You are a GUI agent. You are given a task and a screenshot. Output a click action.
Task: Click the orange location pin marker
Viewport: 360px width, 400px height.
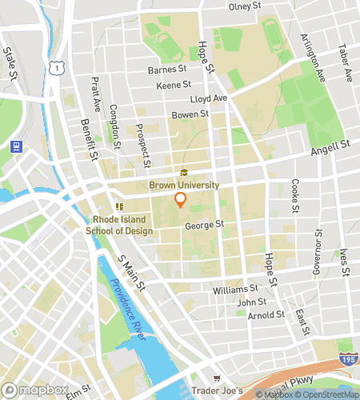click(x=181, y=200)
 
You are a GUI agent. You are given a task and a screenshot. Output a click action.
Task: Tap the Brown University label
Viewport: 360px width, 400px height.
click(x=184, y=185)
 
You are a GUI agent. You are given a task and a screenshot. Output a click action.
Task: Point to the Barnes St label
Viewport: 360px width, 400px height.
click(x=166, y=70)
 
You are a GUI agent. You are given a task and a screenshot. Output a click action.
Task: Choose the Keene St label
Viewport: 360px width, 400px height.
click(x=174, y=84)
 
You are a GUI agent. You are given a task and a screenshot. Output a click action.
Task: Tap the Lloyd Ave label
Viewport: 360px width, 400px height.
click(x=209, y=99)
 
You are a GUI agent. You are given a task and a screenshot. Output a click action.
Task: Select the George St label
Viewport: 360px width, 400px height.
click(x=204, y=226)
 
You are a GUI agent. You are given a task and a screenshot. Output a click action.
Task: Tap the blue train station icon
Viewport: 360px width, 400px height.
click(x=14, y=146)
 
